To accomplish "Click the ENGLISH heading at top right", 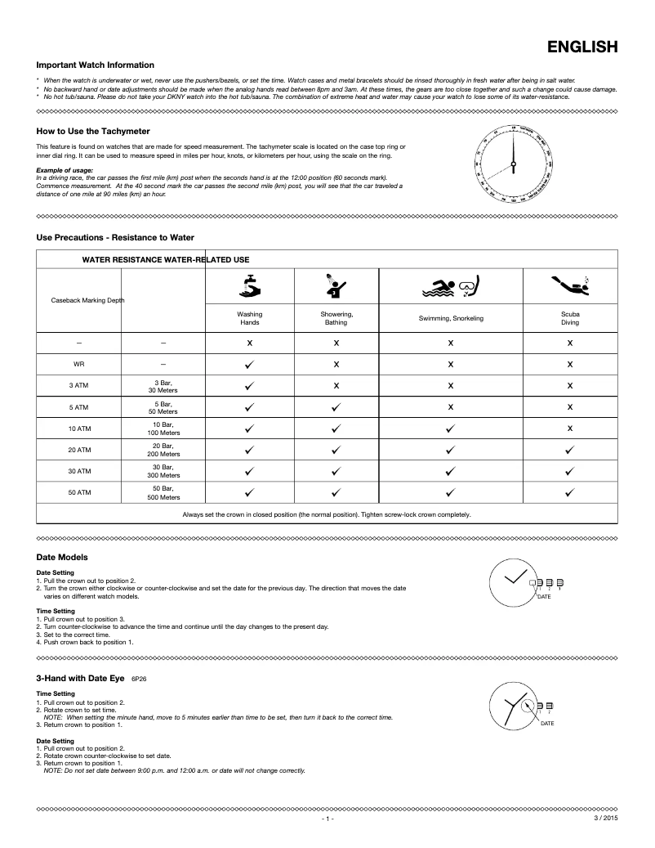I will point(581,47).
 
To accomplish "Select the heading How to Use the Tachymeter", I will point(93,130).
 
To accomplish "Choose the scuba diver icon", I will point(569,285).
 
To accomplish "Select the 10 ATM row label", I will point(79,428).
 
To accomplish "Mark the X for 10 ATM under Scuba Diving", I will point(569,428).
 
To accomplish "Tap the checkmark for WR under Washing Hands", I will point(250,363).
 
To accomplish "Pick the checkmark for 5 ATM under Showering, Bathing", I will point(336,406).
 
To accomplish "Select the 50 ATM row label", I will point(79,493).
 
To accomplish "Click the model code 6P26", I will point(139,679).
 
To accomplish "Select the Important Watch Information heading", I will point(95,65).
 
